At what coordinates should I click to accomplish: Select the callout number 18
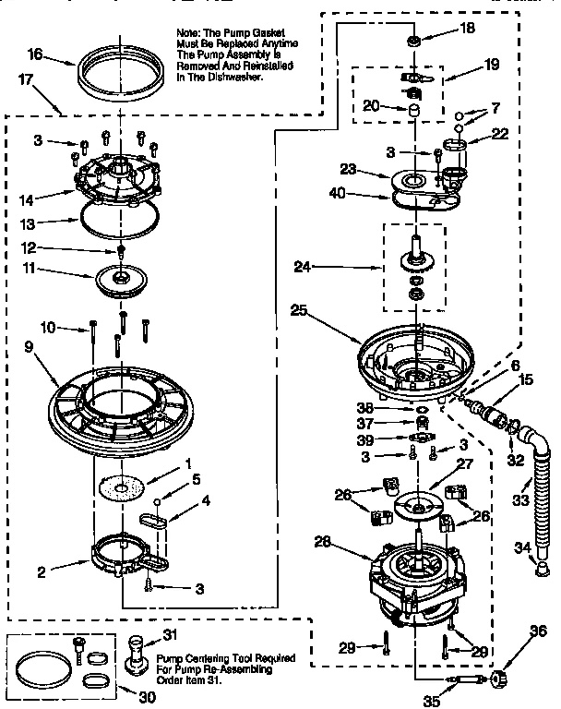coord(467,29)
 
